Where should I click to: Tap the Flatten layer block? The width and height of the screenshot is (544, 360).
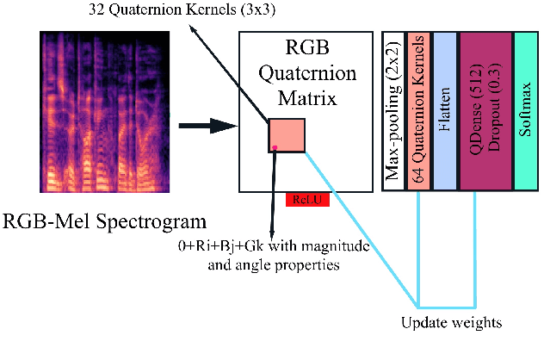click(444, 111)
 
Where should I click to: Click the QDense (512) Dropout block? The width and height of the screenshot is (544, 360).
click(485, 111)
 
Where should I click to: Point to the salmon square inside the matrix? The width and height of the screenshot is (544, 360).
click(287, 135)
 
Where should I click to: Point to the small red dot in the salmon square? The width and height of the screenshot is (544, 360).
click(275, 148)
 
